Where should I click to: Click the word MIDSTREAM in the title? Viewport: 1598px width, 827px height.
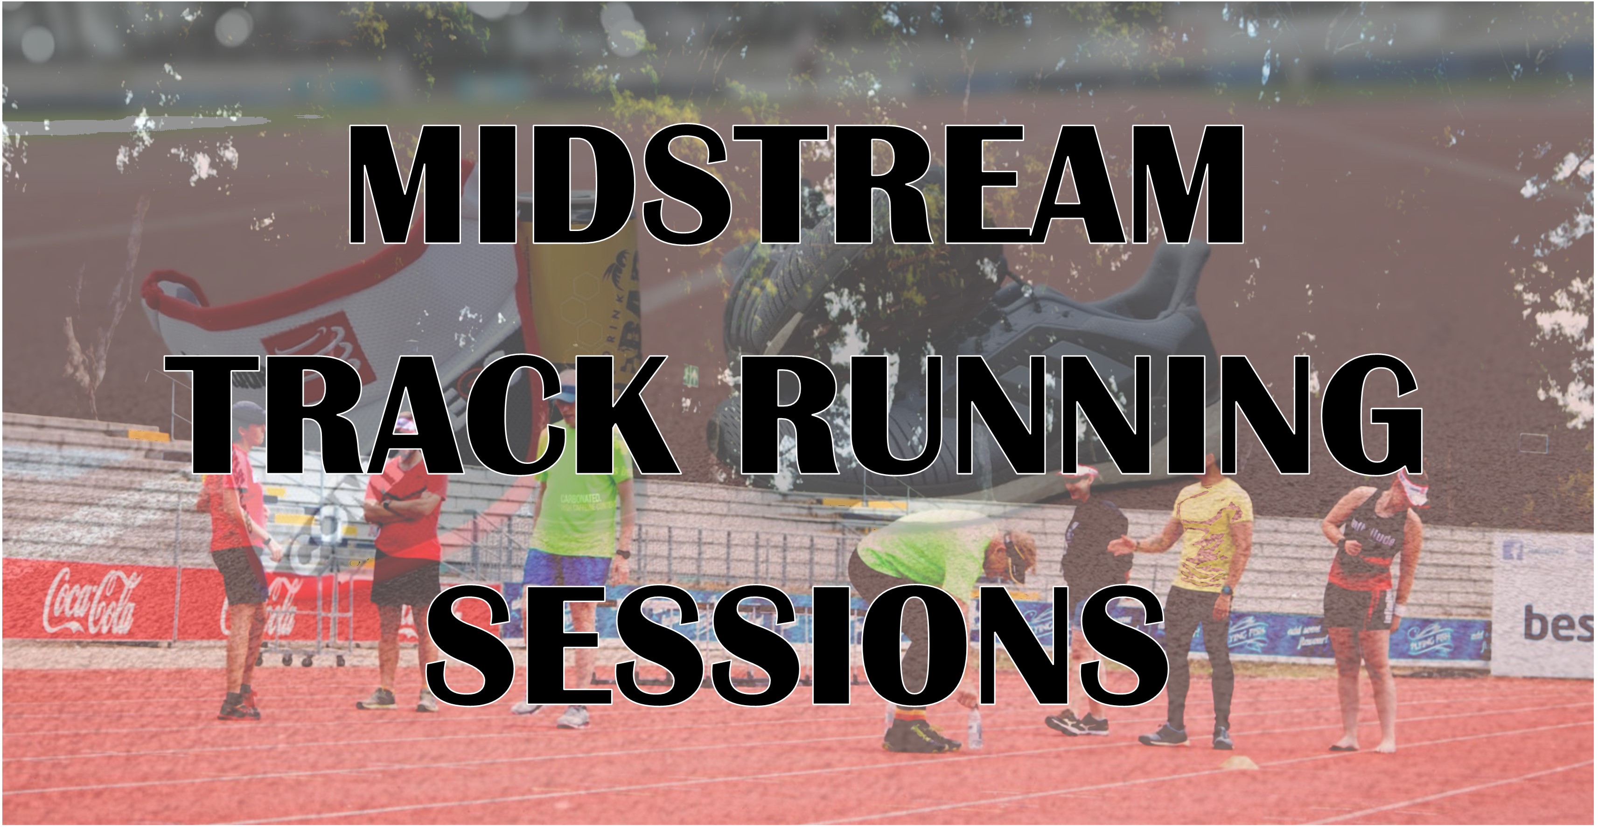(x=796, y=185)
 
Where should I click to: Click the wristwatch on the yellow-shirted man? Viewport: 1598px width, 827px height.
(x=1226, y=590)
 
